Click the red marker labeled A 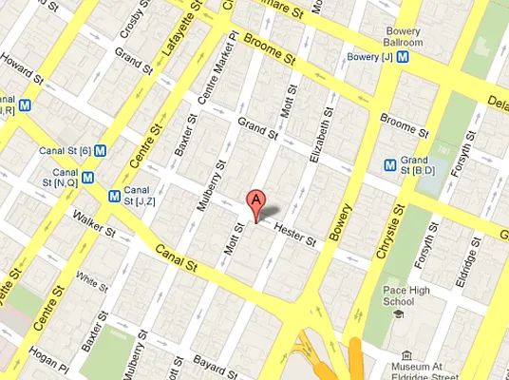click(254, 202)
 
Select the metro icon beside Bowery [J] click(404, 56)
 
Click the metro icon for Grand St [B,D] click(389, 163)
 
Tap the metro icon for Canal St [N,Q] click(87, 176)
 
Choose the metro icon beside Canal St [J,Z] click(115, 196)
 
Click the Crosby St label click(132, 28)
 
